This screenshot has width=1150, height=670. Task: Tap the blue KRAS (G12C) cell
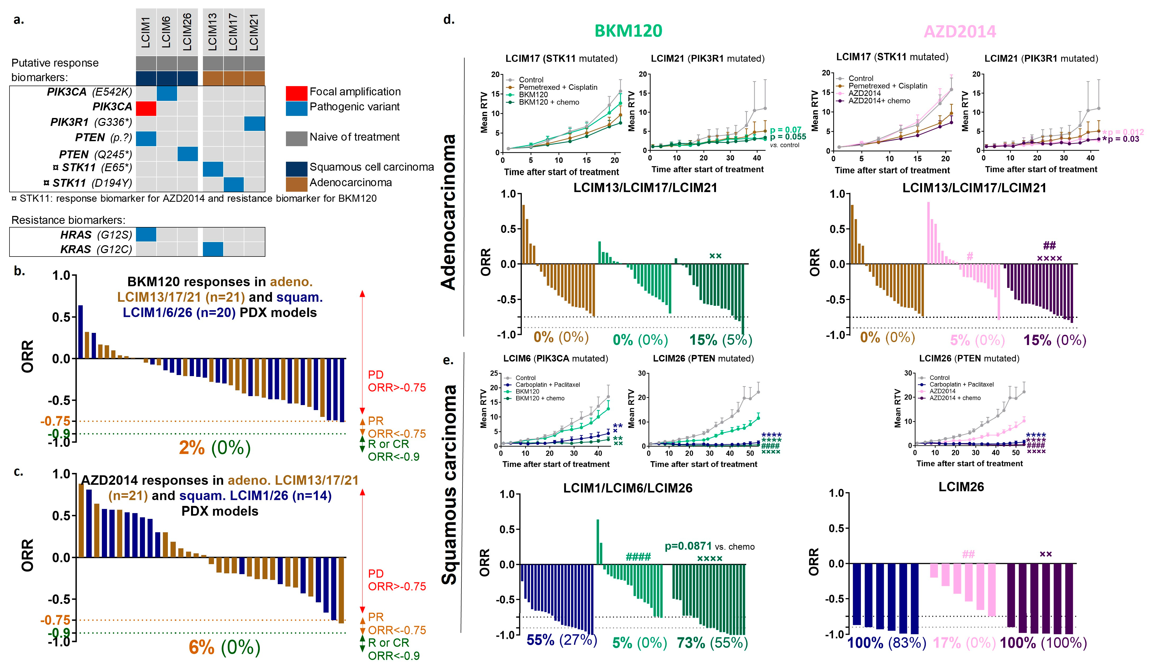pyautogui.click(x=213, y=249)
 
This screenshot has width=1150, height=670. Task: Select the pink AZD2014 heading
pyautogui.click(x=960, y=31)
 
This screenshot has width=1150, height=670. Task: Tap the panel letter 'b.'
pyautogui.click(x=19, y=271)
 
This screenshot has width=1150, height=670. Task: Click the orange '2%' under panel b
pyautogui.click(x=192, y=448)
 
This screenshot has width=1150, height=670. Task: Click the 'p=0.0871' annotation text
pyautogui.click(x=688, y=546)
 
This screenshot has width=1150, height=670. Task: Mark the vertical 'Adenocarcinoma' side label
pyautogui.click(x=449, y=212)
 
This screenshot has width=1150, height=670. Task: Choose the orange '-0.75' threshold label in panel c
pyautogui.click(x=55, y=620)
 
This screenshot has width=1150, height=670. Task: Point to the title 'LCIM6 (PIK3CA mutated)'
pyautogui.click(x=555, y=358)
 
